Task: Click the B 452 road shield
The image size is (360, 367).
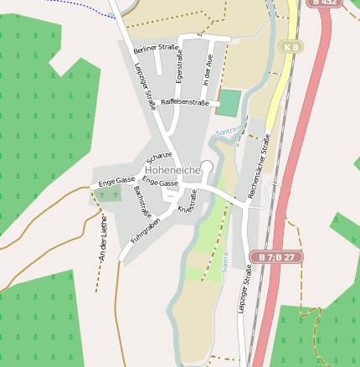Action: [325, 3]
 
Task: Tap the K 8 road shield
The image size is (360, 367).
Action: [290, 47]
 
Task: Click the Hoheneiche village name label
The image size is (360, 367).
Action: [167, 170]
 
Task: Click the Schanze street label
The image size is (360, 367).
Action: [158, 157]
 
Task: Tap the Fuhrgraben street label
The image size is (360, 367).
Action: [145, 230]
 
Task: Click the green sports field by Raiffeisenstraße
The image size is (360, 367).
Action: [228, 103]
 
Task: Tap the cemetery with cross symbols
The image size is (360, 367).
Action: [108, 194]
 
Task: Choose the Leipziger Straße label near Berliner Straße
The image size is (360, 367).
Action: [144, 86]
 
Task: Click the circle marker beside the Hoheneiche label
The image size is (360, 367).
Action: [207, 167]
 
